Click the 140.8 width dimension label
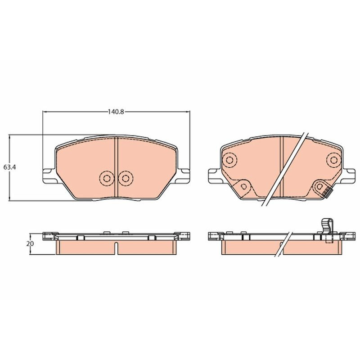[x=116, y=112]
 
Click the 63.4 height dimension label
[x=9, y=167]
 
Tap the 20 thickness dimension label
[x=30, y=243]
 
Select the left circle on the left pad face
[x=107, y=178]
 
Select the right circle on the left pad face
[x=126, y=178]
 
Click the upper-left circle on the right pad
[x=229, y=160]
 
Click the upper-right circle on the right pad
[x=334, y=160]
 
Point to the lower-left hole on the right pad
[x=244, y=186]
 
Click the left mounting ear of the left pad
[x=49, y=176]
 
